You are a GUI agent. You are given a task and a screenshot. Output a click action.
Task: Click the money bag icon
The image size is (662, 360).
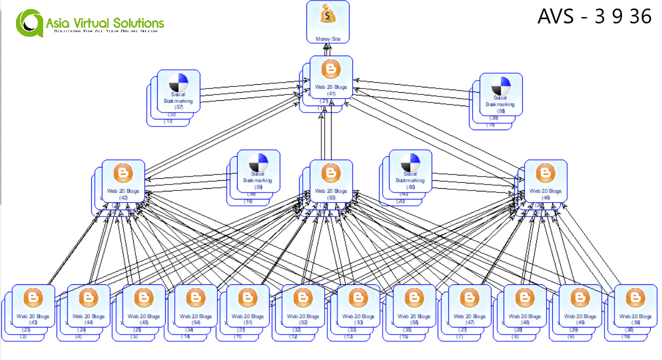click(x=328, y=15)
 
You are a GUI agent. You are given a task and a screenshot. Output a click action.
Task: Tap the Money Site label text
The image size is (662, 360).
click(x=328, y=39)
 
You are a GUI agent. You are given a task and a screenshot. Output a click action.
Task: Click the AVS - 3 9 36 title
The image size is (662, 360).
click(x=594, y=17)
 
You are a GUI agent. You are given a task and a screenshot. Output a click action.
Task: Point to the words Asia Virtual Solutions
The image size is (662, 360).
click(x=105, y=23)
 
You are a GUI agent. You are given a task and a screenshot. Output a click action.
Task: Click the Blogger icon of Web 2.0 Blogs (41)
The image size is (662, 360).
click(x=331, y=70)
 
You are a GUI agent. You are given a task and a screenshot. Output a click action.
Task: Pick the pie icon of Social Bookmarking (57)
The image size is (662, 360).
click(x=179, y=83)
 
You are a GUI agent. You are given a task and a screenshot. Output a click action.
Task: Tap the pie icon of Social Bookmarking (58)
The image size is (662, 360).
click(x=500, y=85)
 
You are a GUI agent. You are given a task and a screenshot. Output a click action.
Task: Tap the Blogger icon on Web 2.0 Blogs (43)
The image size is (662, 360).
click(x=33, y=298)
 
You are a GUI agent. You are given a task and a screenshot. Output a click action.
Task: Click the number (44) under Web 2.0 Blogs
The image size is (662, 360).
click(x=88, y=323)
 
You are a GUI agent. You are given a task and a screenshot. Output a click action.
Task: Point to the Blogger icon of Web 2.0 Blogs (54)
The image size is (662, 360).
click(x=196, y=298)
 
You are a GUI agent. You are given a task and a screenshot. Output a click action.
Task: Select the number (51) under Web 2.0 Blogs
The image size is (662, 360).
click(x=247, y=323)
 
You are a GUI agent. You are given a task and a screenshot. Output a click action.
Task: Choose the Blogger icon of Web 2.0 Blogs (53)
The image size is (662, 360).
click(x=358, y=298)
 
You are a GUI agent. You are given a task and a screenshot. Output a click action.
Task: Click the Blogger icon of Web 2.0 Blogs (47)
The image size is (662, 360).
click(x=469, y=298)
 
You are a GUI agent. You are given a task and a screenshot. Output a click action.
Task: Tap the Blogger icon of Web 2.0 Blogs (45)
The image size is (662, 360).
click(x=144, y=298)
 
